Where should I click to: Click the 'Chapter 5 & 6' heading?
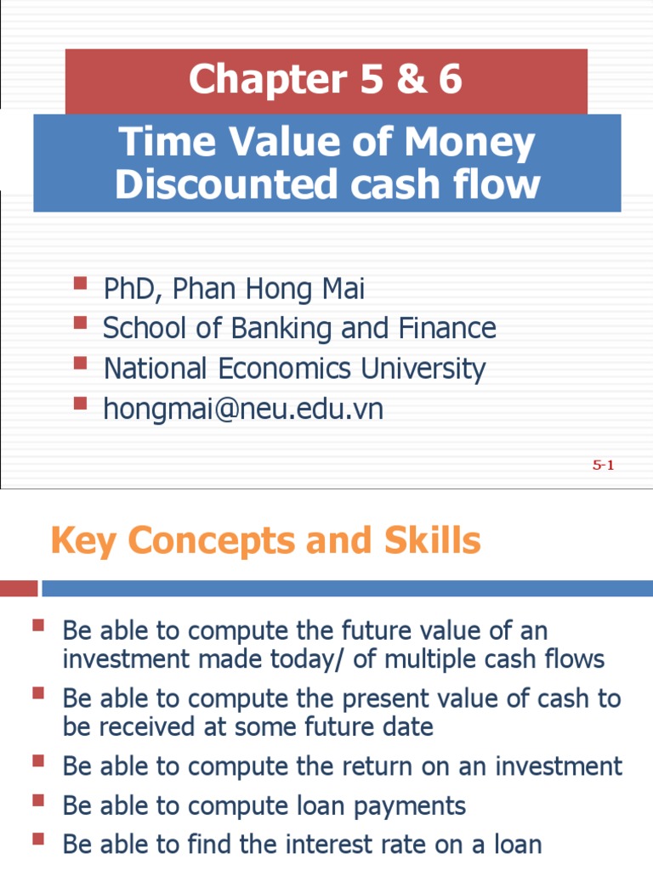tap(326, 80)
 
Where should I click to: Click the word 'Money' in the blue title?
tap(471, 142)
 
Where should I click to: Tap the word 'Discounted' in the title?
tap(207, 184)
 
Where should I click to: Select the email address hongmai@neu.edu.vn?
tap(243, 410)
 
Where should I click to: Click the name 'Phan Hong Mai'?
tap(268, 289)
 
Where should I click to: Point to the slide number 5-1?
tap(603, 465)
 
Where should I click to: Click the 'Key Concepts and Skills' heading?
tap(265, 540)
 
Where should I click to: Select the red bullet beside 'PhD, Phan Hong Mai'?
tap(81, 283)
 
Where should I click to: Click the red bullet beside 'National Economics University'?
tap(81, 363)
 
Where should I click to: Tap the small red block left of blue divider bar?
tap(19, 588)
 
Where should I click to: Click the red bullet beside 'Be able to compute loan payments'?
tap(38, 799)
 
